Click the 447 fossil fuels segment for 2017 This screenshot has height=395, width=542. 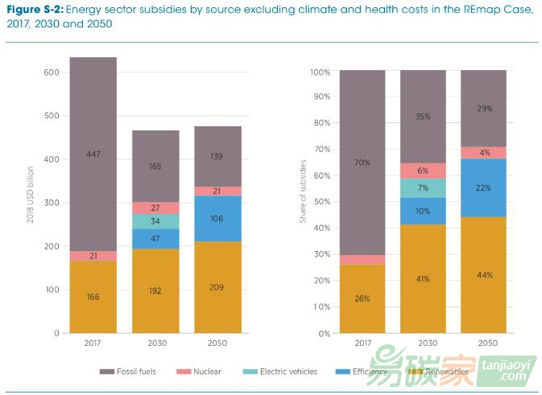(x=93, y=154)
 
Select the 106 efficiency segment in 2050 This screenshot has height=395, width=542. (x=217, y=219)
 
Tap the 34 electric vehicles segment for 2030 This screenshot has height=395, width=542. (x=155, y=221)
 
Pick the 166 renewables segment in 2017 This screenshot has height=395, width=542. (x=93, y=297)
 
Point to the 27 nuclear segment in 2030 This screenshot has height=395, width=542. (x=155, y=208)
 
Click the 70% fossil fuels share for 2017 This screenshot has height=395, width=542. (x=362, y=163)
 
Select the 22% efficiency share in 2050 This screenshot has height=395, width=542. (x=483, y=187)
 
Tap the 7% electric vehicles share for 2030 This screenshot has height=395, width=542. (x=423, y=188)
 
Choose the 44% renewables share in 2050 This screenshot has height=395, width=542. (x=483, y=275)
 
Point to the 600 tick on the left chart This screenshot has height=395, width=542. (x=51, y=72)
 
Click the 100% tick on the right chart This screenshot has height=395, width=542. (x=320, y=72)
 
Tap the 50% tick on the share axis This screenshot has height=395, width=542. (x=321, y=203)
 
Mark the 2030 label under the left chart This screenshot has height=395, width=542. (x=155, y=344)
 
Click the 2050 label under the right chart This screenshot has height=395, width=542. (x=483, y=344)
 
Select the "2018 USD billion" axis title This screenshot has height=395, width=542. (x=30, y=201)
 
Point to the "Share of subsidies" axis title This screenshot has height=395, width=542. (x=304, y=201)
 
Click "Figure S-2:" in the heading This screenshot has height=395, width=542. (x=31, y=10)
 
